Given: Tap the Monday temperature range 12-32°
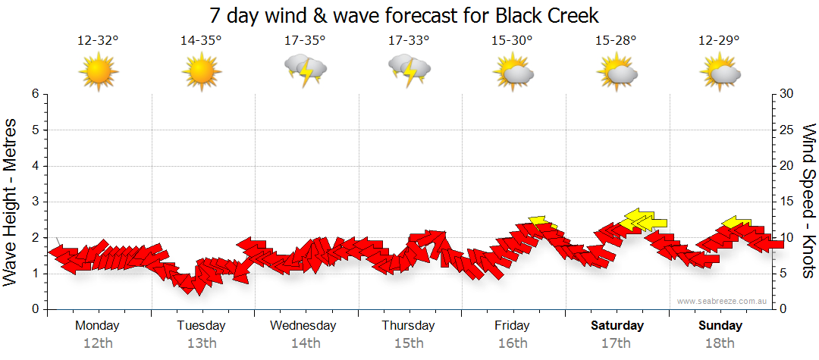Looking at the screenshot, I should [99, 40].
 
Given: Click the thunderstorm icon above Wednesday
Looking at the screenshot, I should [305, 70].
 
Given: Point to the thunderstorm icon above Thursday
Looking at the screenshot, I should [409, 70].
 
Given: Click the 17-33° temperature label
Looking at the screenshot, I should [409, 40].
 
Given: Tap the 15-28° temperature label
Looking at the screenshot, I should [616, 40].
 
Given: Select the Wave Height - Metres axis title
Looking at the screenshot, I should [11, 202].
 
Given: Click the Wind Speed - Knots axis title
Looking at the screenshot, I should [808, 202].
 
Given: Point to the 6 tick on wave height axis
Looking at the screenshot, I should [34, 94].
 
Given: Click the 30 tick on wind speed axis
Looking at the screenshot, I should [788, 94].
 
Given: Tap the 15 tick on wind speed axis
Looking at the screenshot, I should [788, 202].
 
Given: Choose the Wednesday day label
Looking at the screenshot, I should [303, 326].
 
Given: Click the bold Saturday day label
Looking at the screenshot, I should [617, 326].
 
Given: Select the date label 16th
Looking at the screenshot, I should [513, 343].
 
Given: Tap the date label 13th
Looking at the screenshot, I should [202, 343].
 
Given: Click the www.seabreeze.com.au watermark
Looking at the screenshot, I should [723, 301].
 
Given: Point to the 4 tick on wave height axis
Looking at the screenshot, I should [34, 166].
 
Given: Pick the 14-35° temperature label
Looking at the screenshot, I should [202, 40].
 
